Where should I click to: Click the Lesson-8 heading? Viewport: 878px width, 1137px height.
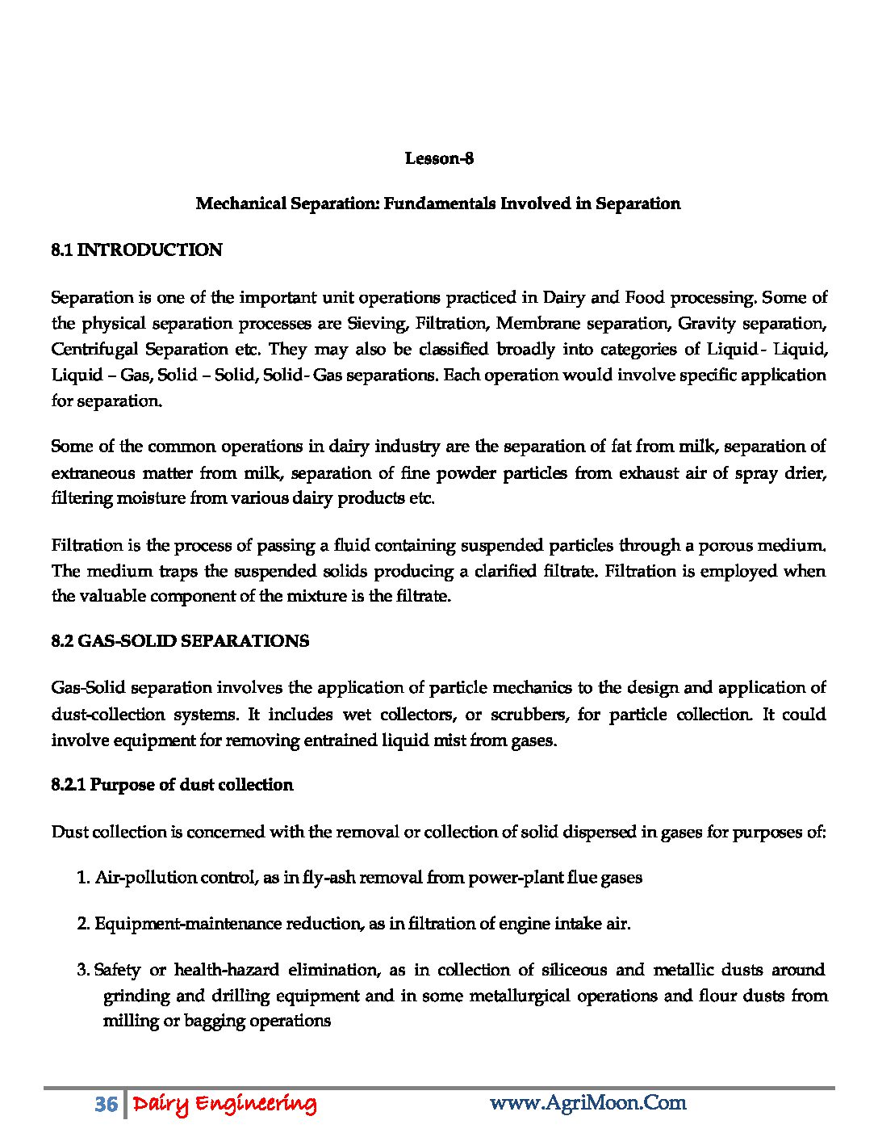tap(439, 158)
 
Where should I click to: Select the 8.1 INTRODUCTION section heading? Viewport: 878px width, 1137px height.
tap(136, 250)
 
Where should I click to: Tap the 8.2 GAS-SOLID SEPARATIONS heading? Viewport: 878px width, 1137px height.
tap(179, 641)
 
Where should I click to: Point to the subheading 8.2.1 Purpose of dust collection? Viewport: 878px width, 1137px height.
tap(172, 785)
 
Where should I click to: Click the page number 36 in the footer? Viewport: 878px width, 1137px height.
tap(106, 1104)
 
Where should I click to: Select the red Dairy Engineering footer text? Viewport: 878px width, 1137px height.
tap(224, 1104)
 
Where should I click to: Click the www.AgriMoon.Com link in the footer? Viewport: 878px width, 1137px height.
tap(587, 1103)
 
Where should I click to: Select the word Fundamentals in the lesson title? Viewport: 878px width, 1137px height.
tap(439, 203)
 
